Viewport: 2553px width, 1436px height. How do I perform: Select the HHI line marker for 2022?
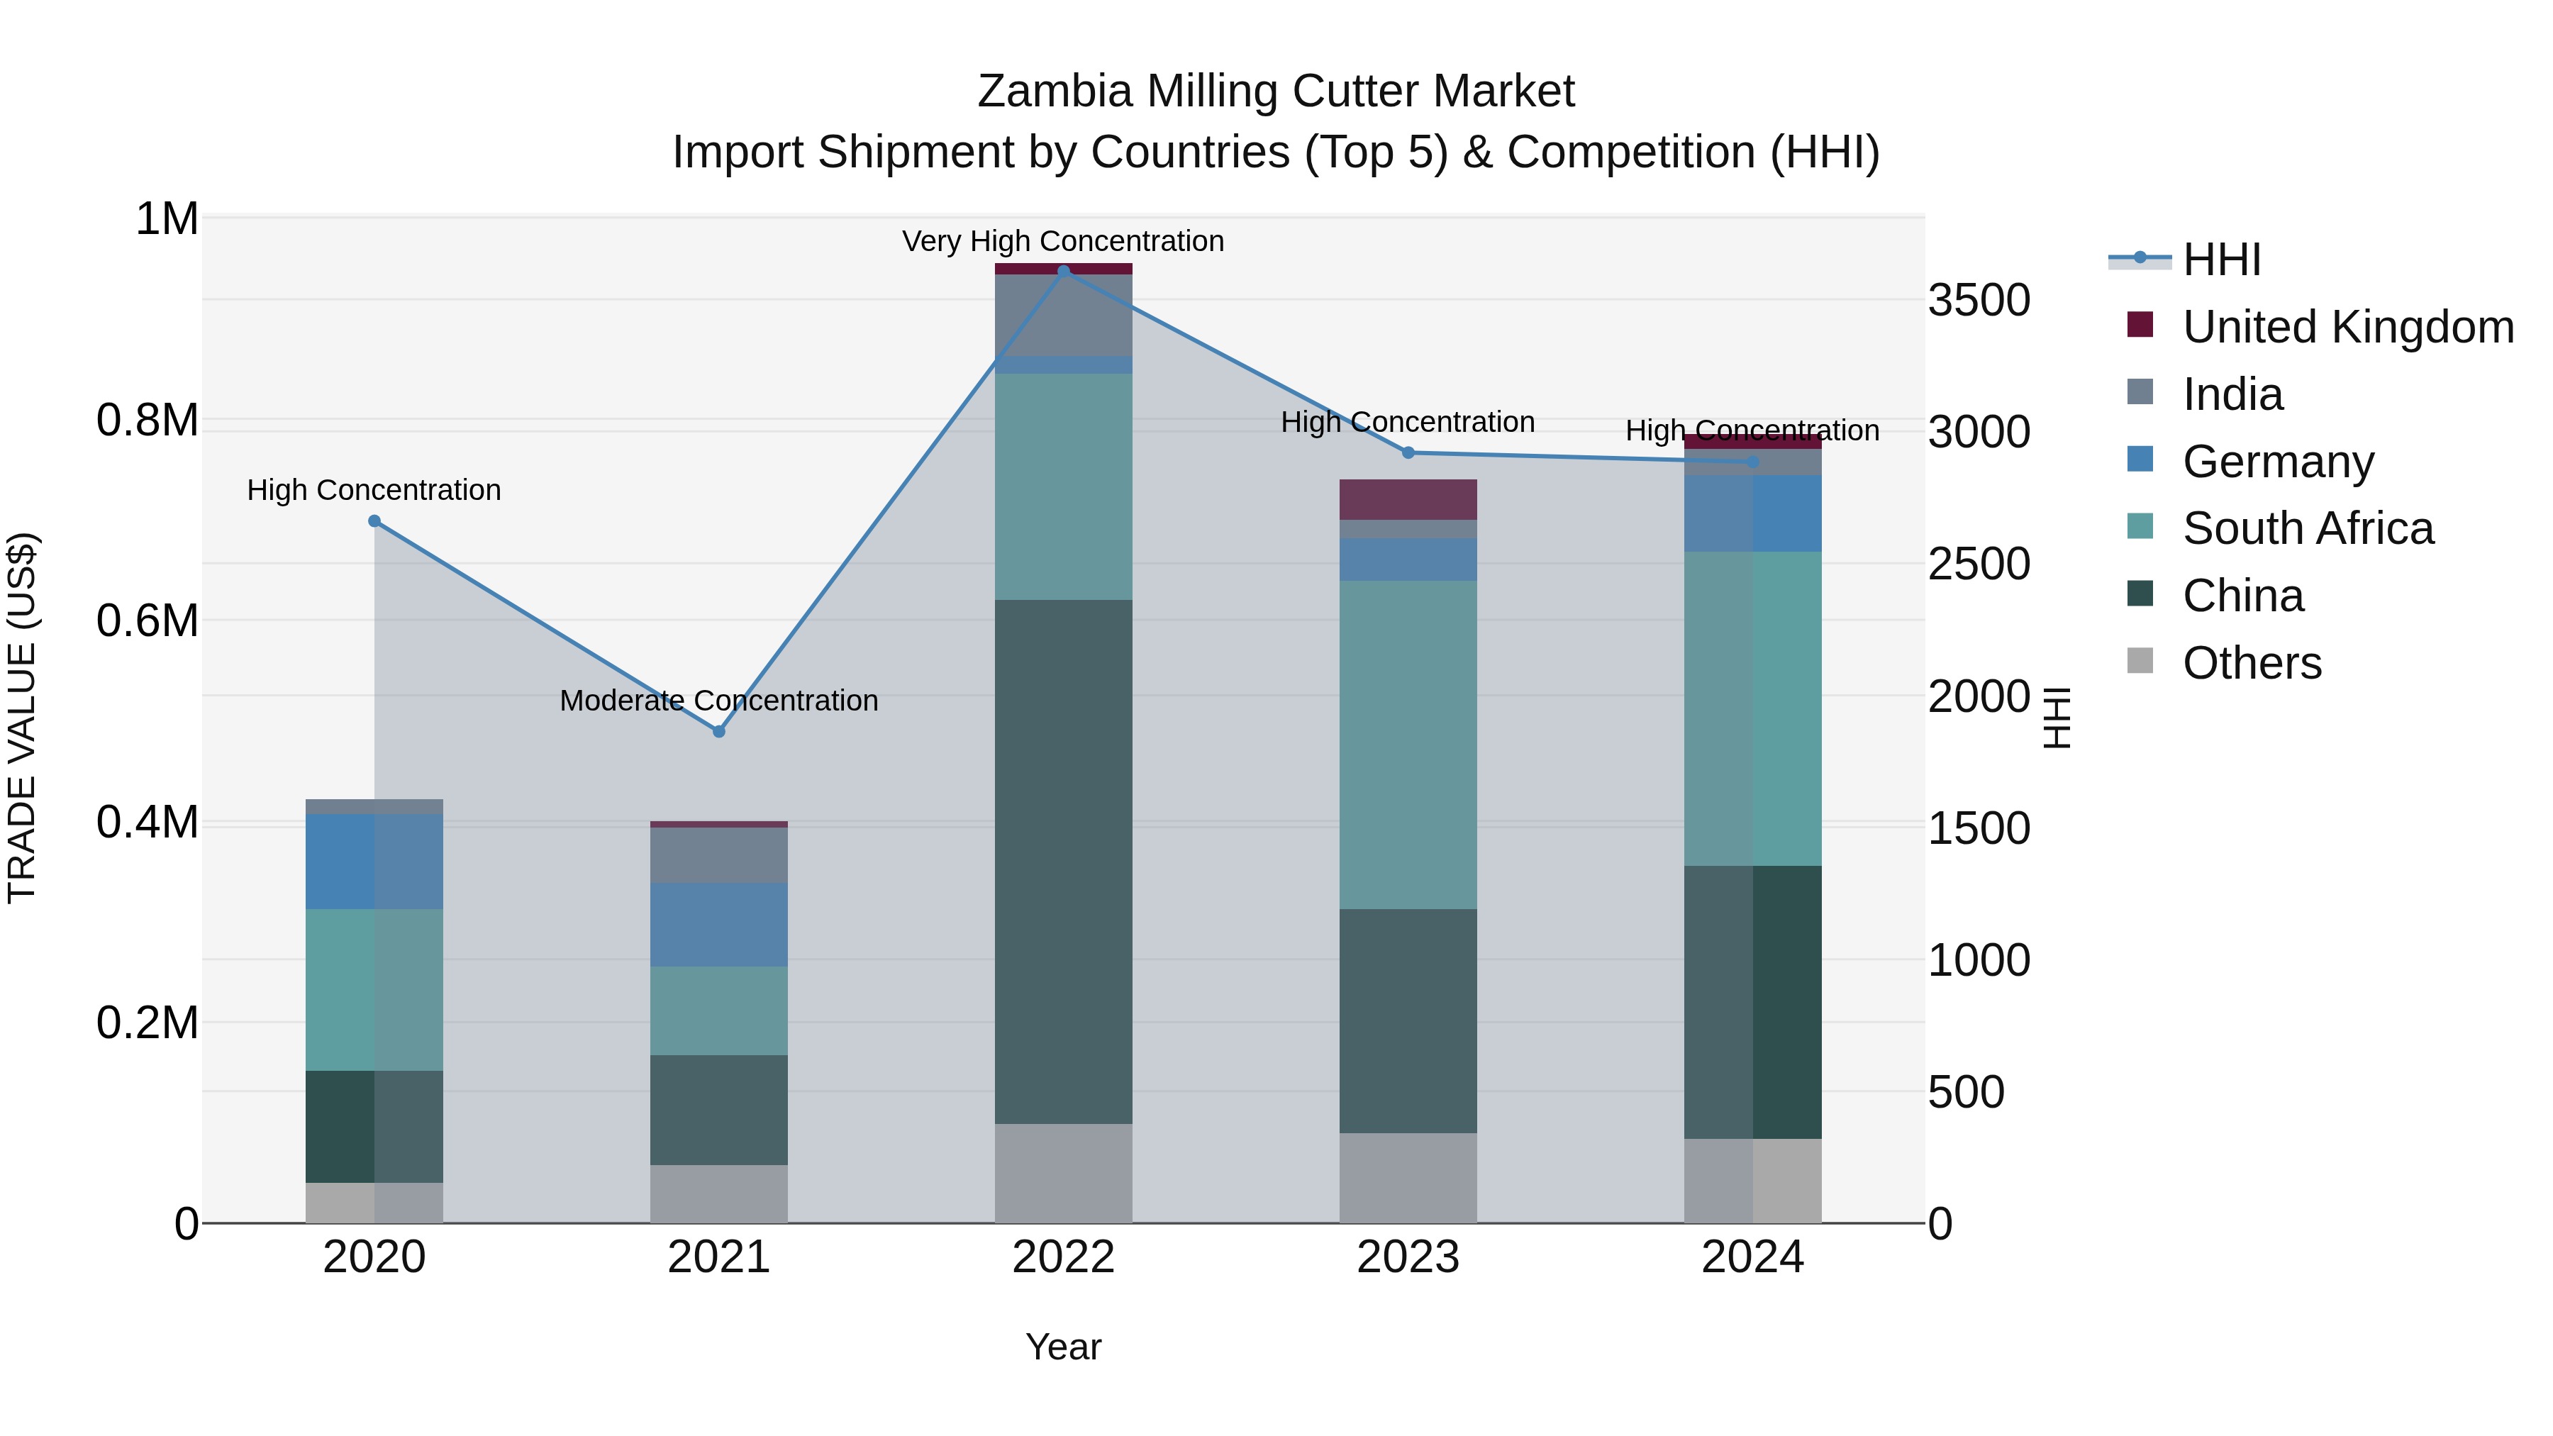click(1064, 271)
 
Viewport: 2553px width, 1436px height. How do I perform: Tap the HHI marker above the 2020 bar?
click(374, 521)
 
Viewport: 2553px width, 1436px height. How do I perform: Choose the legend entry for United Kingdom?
click(2347, 327)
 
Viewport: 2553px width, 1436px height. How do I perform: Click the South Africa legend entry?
click(2307, 528)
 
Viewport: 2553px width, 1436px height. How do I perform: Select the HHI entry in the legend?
click(2221, 260)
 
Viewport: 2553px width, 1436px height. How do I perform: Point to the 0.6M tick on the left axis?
click(148, 621)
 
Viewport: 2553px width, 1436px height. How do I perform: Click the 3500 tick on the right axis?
click(1978, 300)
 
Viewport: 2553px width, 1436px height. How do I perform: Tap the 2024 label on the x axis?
click(1752, 1257)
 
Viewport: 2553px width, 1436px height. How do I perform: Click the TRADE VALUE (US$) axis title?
click(23, 718)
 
